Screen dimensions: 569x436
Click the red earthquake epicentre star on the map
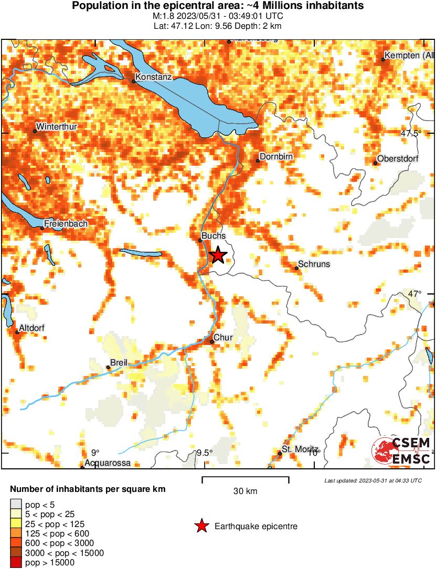[x=218, y=255]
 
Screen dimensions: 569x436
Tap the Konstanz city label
[x=153, y=77]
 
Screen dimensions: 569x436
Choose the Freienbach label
[x=66, y=223]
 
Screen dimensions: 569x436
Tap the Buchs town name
[x=214, y=236]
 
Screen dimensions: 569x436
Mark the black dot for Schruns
[x=296, y=269]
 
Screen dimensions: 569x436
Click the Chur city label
[x=223, y=338]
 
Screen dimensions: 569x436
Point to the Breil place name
[x=119, y=363]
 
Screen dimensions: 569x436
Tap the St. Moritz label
[x=300, y=449]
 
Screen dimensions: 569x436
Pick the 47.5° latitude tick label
[x=411, y=133]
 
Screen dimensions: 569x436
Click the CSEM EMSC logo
[x=402, y=450]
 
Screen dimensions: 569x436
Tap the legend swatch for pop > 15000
[x=16, y=563]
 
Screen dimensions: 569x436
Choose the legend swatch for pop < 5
[x=16, y=504]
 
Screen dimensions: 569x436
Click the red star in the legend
[x=201, y=526]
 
